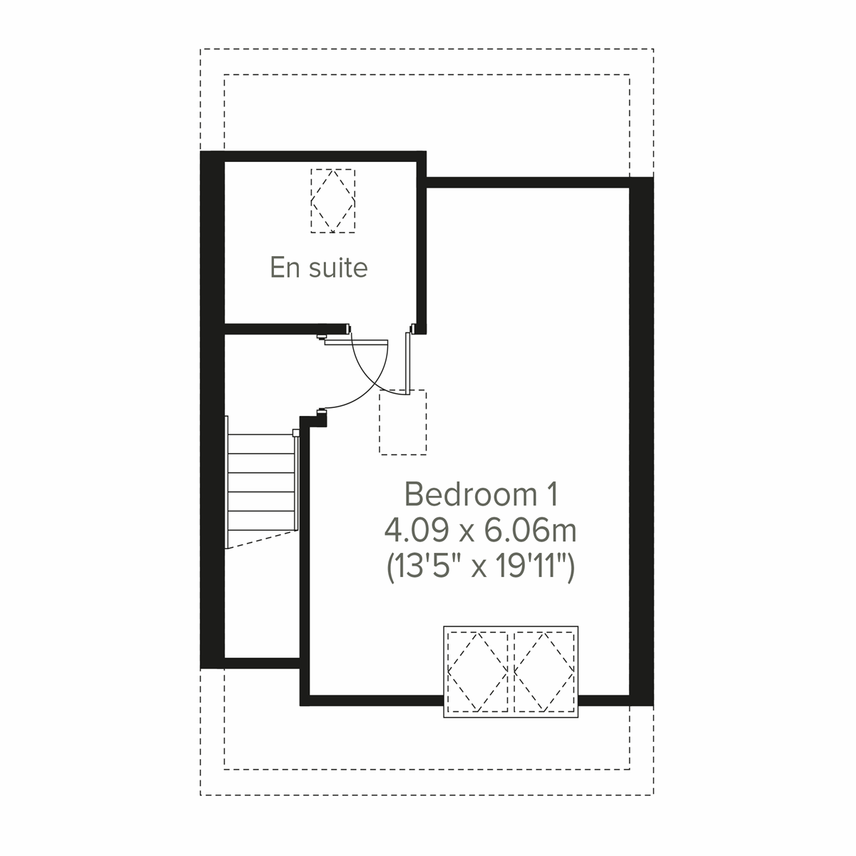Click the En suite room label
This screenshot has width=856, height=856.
[x=319, y=267]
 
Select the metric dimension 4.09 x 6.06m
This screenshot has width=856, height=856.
[x=481, y=531]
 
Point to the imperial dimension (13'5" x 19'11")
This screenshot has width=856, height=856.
[x=481, y=568]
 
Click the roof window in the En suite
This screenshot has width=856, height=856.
[x=333, y=200]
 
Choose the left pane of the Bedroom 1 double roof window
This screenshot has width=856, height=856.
[x=477, y=671]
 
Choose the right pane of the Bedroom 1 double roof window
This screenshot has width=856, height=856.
[x=544, y=671]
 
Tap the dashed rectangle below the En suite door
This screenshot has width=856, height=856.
[x=402, y=422]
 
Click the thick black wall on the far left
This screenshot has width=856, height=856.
[x=212, y=410]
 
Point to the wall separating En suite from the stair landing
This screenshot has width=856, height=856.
[x=285, y=329]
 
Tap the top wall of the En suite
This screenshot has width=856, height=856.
[x=321, y=157]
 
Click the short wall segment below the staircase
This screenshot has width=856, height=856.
[x=261, y=663]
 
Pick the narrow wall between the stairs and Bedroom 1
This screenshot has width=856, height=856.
[x=304, y=556]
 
